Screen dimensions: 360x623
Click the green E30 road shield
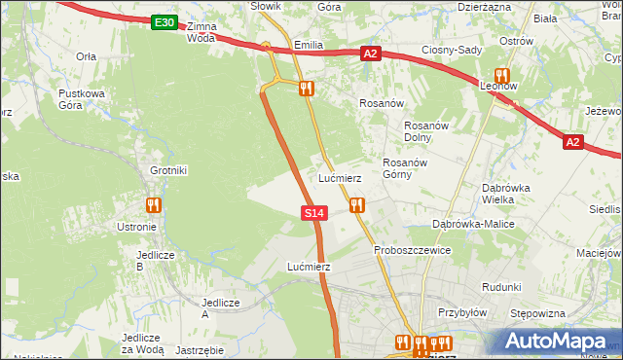pyautogui.click(x=165, y=22)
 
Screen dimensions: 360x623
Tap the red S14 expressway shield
pyautogui.click(x=312, y=212)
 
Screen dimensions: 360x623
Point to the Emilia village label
pyautogui.click(x=307, y=45)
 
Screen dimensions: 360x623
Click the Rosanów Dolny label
pyautogui.click(x=424, y=130)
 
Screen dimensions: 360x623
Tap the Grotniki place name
pyautogui.click(x=168, y=170)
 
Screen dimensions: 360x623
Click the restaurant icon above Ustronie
pyautogui.click(x=153, y=205)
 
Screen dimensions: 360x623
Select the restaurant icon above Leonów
pyautogui.click(x=502, y=75)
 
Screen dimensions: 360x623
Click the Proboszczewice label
pyautogui.click(x=412, y=250)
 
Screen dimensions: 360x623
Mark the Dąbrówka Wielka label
pyautogui.click(x=511, y=194)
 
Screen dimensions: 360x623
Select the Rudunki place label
pyautogui.click(x=501, y=287)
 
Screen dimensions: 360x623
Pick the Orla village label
pyautogui.click(x=86, y=56)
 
